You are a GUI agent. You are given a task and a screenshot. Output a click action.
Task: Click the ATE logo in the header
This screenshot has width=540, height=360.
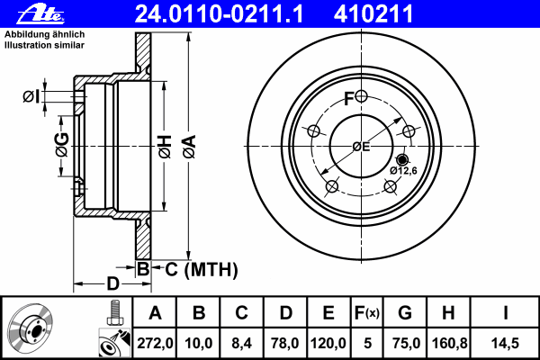[x=40, y=14]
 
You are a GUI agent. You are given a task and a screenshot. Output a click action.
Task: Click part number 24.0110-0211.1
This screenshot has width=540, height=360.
[x=219, y=13]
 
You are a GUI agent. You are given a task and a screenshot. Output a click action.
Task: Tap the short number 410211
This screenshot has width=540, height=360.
[x=373, y=13]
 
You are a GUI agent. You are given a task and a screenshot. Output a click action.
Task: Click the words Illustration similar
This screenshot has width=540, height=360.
[x=44, y=45]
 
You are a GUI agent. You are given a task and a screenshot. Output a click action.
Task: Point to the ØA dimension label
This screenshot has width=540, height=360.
[x=190, y=147]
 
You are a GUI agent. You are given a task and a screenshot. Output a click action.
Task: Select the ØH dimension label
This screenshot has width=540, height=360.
[x=165, y=147]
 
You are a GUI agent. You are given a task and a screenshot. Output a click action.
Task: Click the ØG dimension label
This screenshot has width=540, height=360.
[x=63, y=145]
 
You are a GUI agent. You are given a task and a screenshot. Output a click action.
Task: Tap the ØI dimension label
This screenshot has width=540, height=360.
[x=31, y=97]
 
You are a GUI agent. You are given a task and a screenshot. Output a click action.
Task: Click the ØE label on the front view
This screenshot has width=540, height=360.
[x=361, y=147]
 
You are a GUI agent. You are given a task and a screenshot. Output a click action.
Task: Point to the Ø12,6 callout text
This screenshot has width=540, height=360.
[x=403, y=170]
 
